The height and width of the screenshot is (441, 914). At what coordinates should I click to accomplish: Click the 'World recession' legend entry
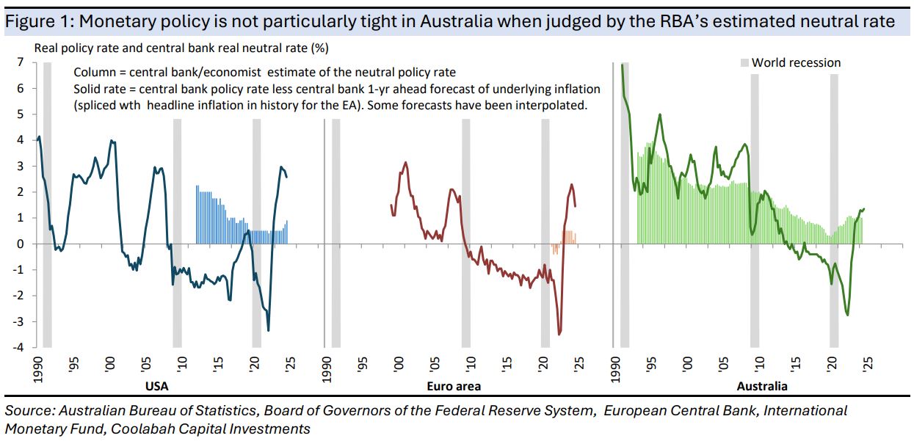pos(796,62)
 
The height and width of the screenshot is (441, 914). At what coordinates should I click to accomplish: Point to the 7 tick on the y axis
pos(21,62)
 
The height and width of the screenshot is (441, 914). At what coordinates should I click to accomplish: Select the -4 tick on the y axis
pos(19,347)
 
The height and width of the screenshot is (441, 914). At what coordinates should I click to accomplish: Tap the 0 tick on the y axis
pos(21,244)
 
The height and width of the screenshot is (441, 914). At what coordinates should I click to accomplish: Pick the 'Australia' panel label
pos(761,385)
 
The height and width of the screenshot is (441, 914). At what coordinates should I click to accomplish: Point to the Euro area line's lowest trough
pos(559,335)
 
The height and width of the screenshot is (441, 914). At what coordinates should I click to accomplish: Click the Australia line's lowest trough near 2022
pos(848,316)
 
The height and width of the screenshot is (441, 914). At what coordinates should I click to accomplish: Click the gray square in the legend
pos(743,63)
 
